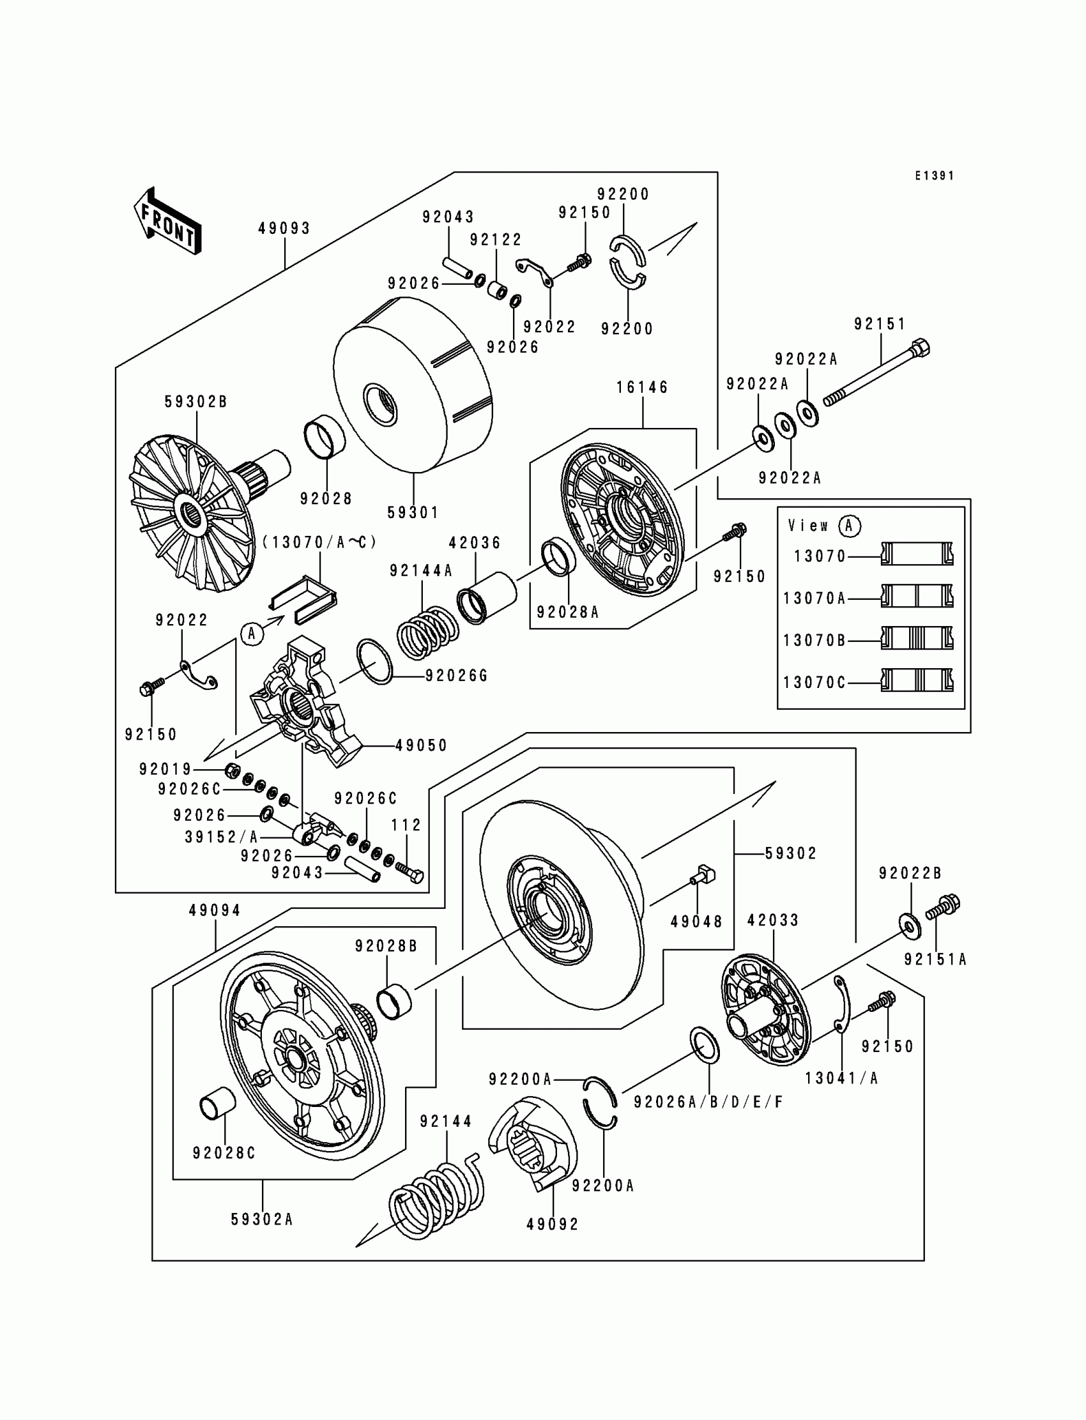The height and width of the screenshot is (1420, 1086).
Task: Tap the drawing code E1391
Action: click(x=934, y=176)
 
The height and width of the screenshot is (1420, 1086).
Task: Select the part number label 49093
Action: click(x=284, y=228)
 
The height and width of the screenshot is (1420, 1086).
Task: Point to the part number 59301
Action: click(x=413, y=512)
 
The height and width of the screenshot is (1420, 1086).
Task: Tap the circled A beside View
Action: click(x=850, y=526)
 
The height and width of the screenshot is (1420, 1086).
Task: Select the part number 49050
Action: click(x=422, y=745)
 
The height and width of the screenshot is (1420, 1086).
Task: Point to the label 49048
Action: click(x=696, y=922)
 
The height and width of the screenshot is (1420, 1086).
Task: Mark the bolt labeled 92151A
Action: click(x=944, y=907)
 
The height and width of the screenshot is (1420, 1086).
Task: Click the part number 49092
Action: click(x=553, y=1223)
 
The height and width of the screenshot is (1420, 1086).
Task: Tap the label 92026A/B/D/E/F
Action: click(x=708, y=1102)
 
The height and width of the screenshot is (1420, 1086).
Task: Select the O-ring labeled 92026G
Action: click(x=374, y=661)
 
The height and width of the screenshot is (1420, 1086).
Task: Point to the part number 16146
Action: click(x=642, y=387)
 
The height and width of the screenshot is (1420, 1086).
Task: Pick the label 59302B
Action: click(x=196, y=401)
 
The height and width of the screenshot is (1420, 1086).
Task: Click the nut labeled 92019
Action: click(x=233, y=769)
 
